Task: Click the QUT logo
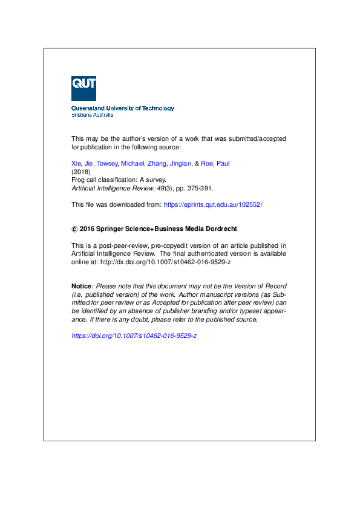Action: click(x=83, y=88)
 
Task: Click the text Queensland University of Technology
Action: click(x=123, y=108)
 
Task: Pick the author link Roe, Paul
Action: click(x=215, y=164)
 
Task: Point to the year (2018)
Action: click(x=80, y=172)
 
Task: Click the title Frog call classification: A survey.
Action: click(x=119, y=180)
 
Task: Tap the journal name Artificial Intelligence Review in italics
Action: click(x=109, y=189)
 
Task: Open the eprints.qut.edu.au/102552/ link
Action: click(x=213, y=205)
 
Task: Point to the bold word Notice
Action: click(x=82, y=286)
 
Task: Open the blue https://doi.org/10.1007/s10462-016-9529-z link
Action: click(x=134, y=336)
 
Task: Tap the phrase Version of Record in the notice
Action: click(x=261, y=286)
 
